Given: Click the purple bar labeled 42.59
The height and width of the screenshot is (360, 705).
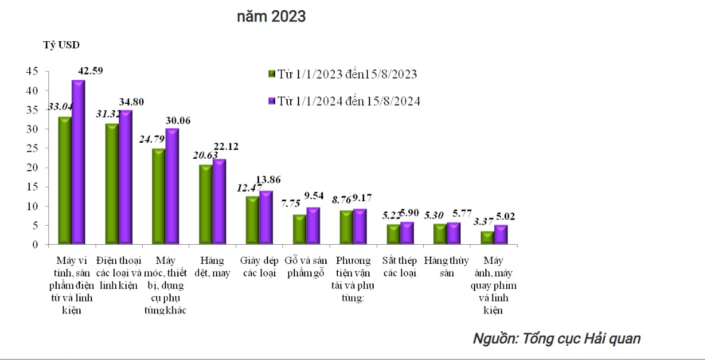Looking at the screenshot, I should point(78,162).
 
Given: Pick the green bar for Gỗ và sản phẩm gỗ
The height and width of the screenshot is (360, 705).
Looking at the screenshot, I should point(299,229).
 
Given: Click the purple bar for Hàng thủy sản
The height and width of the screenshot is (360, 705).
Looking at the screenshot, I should point(454,233).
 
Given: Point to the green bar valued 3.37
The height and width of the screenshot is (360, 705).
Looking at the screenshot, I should point(487,238).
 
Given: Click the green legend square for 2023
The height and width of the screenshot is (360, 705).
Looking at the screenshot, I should point(272,74).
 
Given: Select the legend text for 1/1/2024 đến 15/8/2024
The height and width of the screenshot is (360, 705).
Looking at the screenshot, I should point(349,101).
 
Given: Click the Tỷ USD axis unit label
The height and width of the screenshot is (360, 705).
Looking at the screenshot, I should point(61,45).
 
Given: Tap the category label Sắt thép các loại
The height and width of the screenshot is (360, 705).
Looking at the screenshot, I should point(399,267).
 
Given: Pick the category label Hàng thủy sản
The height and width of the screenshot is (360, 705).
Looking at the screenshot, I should point(447,267).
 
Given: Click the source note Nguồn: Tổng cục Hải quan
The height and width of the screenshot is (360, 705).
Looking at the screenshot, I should point(556,339).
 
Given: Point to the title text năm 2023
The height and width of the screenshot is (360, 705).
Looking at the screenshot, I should point(271,17).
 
